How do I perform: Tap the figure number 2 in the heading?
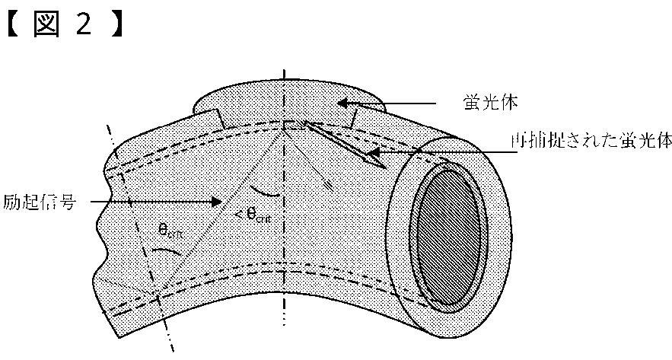[84, 24]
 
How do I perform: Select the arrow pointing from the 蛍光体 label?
[389, 102]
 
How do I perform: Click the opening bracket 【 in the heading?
[14, 24]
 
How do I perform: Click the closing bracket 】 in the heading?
[116, 24]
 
